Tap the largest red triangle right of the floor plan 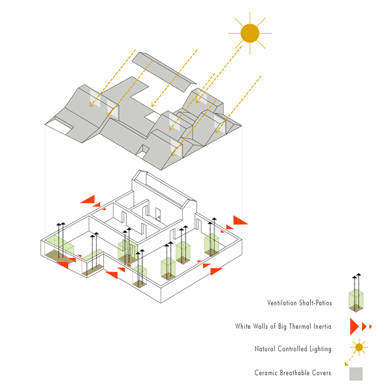[240, 220]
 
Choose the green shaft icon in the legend [356, 298]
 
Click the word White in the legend [245, 326]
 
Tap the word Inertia [324, 326]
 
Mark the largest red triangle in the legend [354, 326]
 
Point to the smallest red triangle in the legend [370, 326]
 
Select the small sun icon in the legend [356, 348]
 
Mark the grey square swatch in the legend [356, 373]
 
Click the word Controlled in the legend [293, 349]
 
